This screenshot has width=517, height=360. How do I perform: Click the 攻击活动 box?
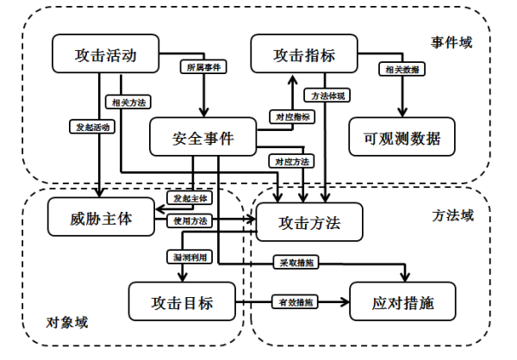(105, 53)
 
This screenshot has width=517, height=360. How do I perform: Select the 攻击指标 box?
(304, 53)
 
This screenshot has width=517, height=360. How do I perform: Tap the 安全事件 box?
(202, 137)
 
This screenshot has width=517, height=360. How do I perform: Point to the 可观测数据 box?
(402, 137)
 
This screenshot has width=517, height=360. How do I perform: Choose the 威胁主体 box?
(101, 217)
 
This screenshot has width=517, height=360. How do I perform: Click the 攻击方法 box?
(309, 222)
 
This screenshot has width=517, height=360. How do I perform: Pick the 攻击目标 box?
(182, 301)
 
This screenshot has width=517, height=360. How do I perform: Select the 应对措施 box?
(402, 301)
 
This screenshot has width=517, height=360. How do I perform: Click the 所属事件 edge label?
(203, 67)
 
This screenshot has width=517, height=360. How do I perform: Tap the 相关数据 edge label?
(402, 69)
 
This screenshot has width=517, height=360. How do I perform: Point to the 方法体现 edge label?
(327, 96)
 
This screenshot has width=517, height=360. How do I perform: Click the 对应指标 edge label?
(292, 117)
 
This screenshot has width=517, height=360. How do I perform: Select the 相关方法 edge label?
(128, 102)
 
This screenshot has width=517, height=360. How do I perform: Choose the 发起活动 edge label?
(92, 127)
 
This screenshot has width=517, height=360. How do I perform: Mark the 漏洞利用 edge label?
(190, 257)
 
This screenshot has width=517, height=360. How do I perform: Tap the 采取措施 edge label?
(296, 263)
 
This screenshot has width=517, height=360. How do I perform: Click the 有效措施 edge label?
(295, 301)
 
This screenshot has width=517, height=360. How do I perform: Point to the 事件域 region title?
(452, 42)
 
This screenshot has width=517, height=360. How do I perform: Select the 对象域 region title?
(67, 322)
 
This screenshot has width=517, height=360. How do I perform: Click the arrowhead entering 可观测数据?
(402, 112)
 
